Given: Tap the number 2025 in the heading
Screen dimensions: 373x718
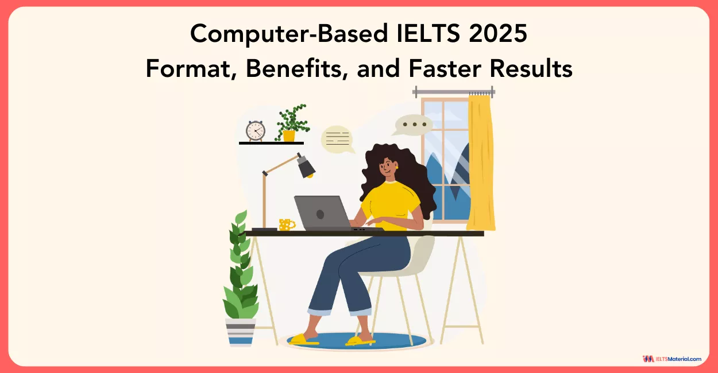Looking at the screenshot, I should coord(497,34).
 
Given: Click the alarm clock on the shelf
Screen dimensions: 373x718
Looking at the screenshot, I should coord(255,131).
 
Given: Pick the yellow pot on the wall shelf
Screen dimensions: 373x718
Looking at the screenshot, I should coord(288,136).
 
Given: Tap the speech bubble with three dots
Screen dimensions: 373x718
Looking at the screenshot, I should coord(414,125).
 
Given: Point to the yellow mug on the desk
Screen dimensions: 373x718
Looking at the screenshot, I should coord(285,224).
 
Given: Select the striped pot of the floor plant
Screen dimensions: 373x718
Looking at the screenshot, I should coord(240,332).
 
